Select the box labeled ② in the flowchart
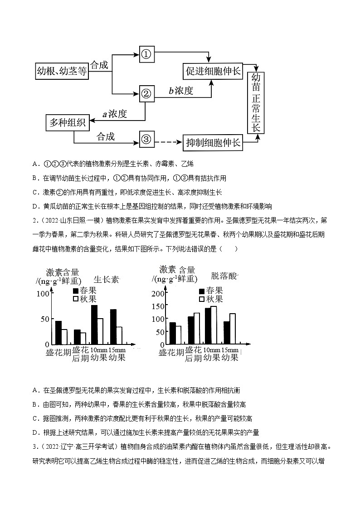pyautogui.click(x=146, y=93)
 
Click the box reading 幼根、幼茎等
pyautogui.click(x=62, y=71)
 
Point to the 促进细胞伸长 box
pyautogui.click(x=212, y=71)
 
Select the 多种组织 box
pyautogui.click(x=67, y=122)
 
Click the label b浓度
pyautogui.click(x=181, y=91)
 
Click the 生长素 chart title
pyautogui.click(x=106, y=279)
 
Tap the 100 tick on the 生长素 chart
pyautogui.click(x=42, y=293)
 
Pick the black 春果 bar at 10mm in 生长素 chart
pyautogui.click(x=94, y=325)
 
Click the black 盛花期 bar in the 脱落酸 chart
pyautogui.click(x=172, y=333)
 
